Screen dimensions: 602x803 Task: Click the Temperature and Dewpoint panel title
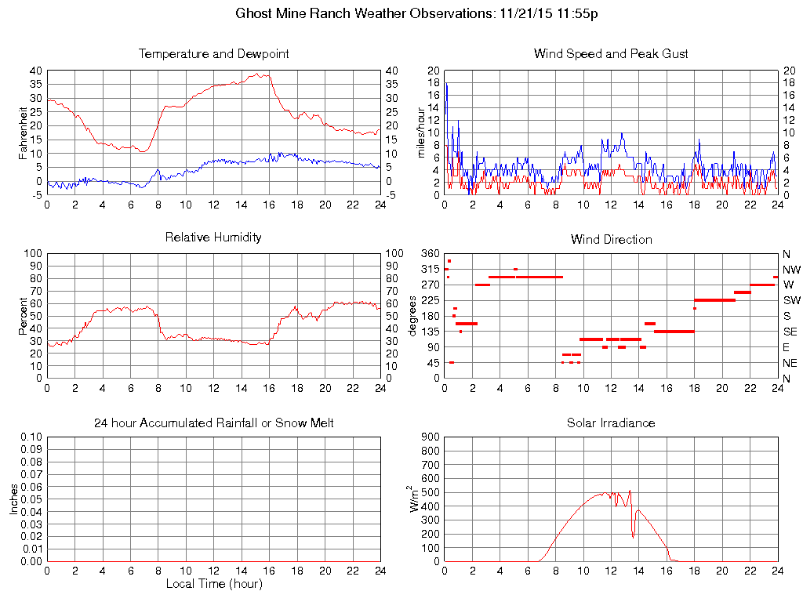pos(213,54)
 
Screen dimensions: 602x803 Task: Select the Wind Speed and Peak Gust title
pos(611,54)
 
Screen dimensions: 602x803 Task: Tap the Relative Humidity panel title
pos(213,237)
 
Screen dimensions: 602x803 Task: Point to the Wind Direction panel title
pos(611,239)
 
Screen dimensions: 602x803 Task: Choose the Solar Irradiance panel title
pos(611,422)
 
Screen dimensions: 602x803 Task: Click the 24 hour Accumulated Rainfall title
pos(213,422)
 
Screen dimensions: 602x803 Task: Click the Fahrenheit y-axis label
pos(23,132)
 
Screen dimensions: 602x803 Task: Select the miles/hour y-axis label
pos(420,132)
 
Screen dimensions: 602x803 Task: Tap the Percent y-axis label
pos(23,315)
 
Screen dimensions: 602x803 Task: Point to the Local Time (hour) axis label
pos(213,584)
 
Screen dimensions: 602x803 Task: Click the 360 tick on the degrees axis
pos(430,254)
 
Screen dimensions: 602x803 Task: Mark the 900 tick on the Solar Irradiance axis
pos(430,437)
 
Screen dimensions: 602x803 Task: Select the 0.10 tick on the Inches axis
pos(31,437)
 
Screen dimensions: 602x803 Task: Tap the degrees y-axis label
pos(412,315)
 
